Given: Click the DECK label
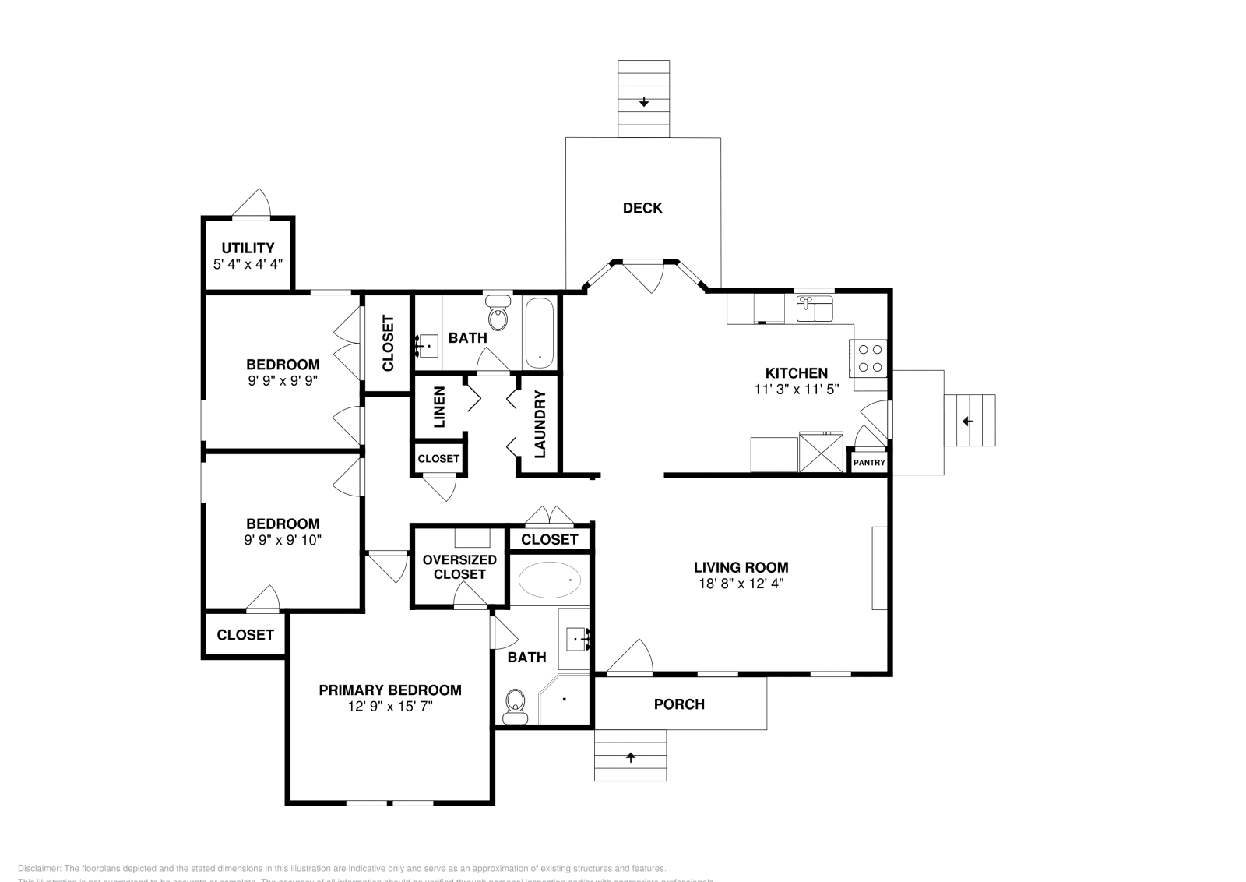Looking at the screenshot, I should (642, 208).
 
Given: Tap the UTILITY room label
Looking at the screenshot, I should (248, 249).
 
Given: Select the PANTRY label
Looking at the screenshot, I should (869, 463).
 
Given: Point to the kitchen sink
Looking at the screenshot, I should (815, 309).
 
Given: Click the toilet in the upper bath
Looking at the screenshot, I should (498, 317).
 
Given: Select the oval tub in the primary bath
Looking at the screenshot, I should (550, 580).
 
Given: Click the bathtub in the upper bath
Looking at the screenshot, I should (540, 333).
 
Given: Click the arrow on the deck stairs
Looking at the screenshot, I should (644, 102).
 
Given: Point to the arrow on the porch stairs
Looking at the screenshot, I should (631, 757).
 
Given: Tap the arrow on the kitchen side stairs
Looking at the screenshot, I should (968, 422).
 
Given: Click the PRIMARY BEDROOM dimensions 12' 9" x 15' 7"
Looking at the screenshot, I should (390, 707).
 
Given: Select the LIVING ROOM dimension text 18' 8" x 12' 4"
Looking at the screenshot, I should (741, 584).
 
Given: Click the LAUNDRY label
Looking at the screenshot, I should (540, 424).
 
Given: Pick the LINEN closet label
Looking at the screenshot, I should (439, 407).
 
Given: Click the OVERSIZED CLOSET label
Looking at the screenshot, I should (459, 566).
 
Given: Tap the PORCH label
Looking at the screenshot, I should (679, 704).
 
